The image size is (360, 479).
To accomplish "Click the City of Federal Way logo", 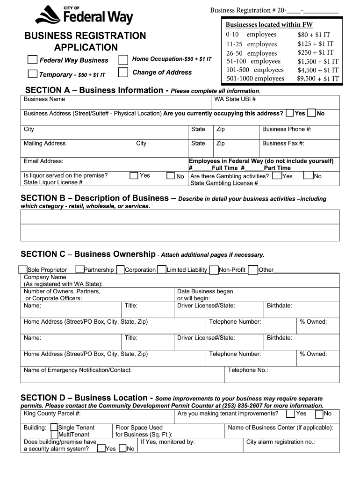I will tap(84, 15).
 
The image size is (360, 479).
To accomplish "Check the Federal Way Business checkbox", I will tap(32, 60).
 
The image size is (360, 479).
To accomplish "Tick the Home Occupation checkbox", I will tap(123, 60).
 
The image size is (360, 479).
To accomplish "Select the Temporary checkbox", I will tap(32, 73).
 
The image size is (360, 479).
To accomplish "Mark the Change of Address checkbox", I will tap(123, 73).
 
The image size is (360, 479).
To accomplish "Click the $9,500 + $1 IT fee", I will tap(317, 79).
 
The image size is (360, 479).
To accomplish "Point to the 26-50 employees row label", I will tap(252, 53).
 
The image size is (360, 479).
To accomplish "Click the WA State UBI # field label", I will tap(235, 99).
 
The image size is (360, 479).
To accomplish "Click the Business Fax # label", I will tap(283, 144).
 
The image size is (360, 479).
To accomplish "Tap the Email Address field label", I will tap(43, 161).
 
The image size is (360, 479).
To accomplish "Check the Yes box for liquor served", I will tap(134, 175).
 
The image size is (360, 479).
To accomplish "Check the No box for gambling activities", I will tap(308, 175).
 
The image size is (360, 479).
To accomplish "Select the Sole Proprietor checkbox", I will tap(22, 269).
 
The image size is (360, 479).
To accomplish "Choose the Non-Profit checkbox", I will tap(214, 269).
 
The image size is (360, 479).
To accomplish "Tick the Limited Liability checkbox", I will tap(162, 269).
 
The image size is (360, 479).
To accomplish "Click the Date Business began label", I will tap(205, 291).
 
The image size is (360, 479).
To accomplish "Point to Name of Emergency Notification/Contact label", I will tap(78, 370).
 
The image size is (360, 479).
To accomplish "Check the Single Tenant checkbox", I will tap(54, 427).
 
